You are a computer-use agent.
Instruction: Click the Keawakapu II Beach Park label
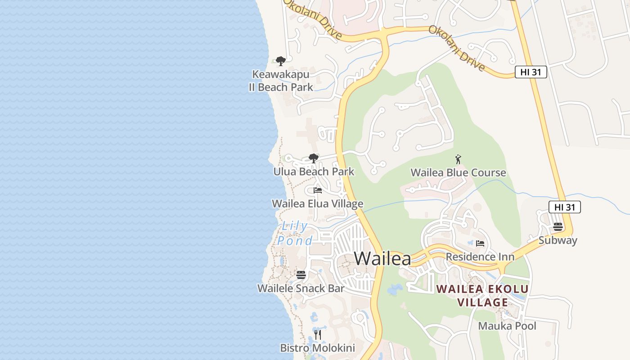pyautogui.click(x=281, y=81)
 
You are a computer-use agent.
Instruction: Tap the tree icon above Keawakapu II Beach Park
pyautogui.click(x=281, y=61)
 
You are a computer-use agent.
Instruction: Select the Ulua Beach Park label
pyautogui.click(x=314, y=171)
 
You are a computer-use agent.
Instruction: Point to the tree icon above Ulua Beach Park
pyautogui.click(x=314, y=158)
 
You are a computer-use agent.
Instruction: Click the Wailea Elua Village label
pyautogui.click(x=317, y=204)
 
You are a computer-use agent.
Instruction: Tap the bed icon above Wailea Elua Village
pyautogui.click(x=318, y=190)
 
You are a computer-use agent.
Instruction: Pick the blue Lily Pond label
pyautogui.click(x=295, y=233)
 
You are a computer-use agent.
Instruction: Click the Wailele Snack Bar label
pyautogui.click(x=301, y=288)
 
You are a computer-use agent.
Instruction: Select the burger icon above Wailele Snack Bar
pyautogui.click(x=301, y=274)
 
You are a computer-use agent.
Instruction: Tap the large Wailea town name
pyautogui.click(x=382, y=259)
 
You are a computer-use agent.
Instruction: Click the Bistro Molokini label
pyautogui.click(x=317, y=348)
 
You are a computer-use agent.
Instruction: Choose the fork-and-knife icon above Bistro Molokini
pyautogui.click(x=318, y=334)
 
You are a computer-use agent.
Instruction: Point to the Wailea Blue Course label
pyautogui.click(x=458, y=172)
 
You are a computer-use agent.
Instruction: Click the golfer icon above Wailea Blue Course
pyautogui.click(x=458, y=159)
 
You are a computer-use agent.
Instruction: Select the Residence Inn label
pyautogui.click(x=480, y=256)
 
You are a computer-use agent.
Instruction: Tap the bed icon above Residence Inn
pyautogui.click(x=480, y=243)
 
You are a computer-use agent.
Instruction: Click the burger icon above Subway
pyautogui.click(x=558, y=227)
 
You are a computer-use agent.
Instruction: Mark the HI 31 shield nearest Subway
pyautogui.click(x=565, y=207)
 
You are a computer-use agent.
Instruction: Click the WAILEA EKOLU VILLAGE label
pyautogui.click(x=482, y=295)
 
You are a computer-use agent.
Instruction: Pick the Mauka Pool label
pyautogui.click(x=507, y=326)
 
